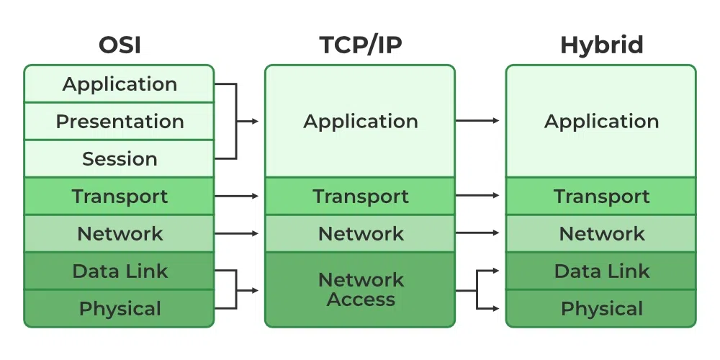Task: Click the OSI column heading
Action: [x=120, y=45]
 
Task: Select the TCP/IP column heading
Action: [x=360, y=45]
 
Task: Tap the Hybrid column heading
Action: [x=601, y=45]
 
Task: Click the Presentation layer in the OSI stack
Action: [x=120, y=122]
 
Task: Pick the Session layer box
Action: [x=120, y=159]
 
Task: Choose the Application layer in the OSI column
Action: [x=120, y=84]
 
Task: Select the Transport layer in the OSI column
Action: [x=120, y=197]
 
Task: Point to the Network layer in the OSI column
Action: [x=120, y=234]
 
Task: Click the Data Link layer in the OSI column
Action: [x=120, y=271]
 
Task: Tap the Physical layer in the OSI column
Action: [x=120, y=309]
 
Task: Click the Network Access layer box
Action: [x=360, y=289]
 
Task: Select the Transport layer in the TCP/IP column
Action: [x=360, y=197]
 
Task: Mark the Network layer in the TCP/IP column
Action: [x=360, y=234]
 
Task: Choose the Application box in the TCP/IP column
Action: [x=360, y=122]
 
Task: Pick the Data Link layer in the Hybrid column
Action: [x=601, y=271]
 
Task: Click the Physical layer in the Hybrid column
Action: [x=601, y=309]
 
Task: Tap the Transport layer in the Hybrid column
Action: [x=601, y=197]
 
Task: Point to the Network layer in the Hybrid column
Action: [x=601, y=234]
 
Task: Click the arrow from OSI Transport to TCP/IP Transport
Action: [x=238, y=196]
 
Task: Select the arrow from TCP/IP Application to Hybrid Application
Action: [x=478, y=121]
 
